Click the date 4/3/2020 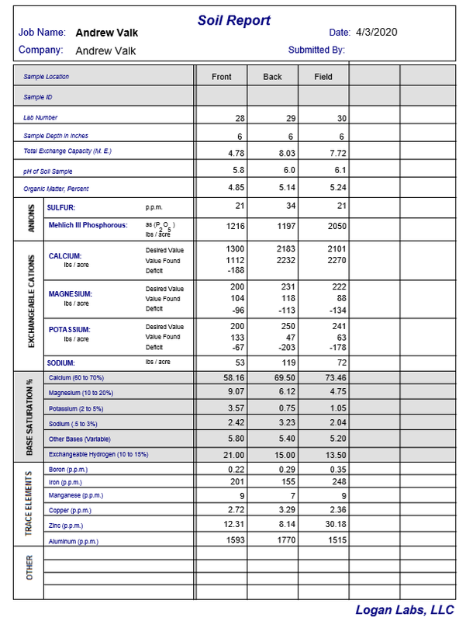click(x=376, y=33)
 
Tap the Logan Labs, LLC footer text click(x=405, y=610)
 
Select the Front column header click(x=222, y=77)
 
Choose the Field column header click(x=323, y=77)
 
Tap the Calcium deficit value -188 click(x=234, y=271)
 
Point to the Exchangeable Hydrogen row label click(x=98, y=453)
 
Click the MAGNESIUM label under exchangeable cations click(x=71, y=294)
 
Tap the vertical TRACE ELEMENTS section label click(x=29, y=504)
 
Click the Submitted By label click(x=316, y=50)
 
